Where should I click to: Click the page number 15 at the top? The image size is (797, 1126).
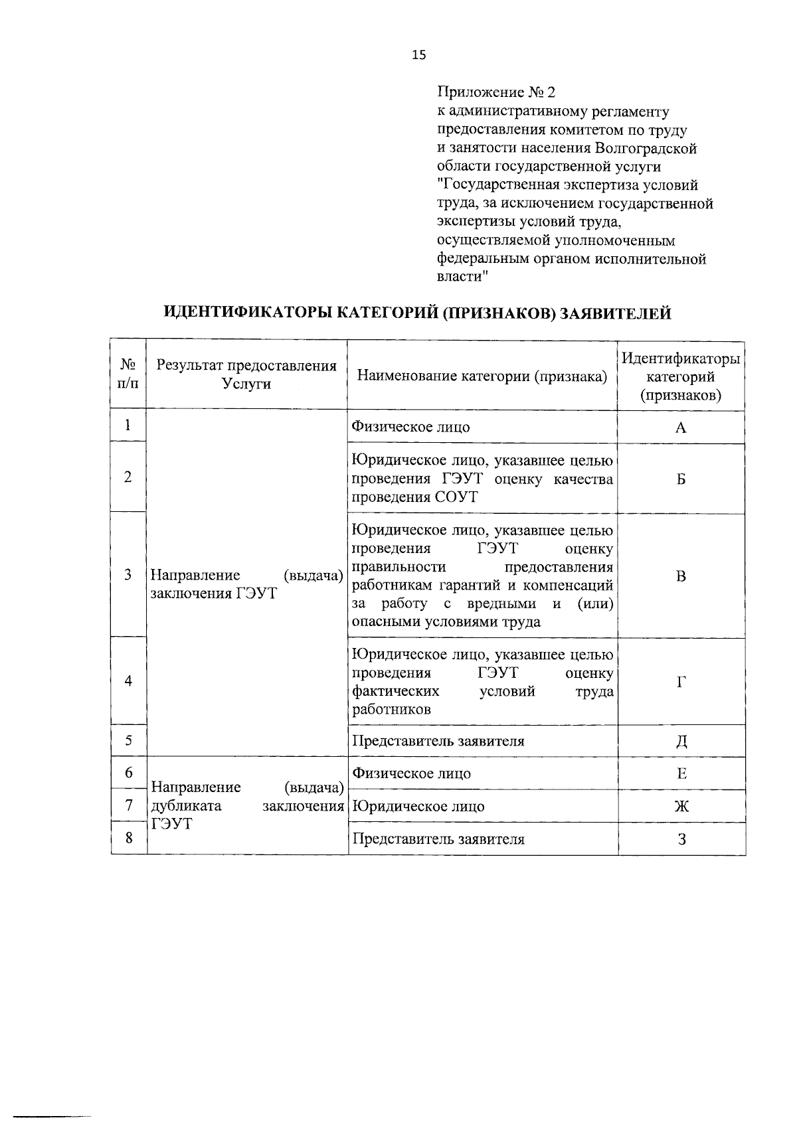click(418, 55)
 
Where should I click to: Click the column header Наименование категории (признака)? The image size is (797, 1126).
click(482, 376)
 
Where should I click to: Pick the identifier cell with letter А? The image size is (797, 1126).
click(680, 428)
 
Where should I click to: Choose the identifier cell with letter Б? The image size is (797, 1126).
click(680, 479)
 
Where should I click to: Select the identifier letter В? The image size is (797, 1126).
click(680, 576)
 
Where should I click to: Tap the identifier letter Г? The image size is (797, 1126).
click(681, 682)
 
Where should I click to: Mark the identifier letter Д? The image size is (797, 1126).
click(681, 742)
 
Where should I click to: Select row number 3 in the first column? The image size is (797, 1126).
click(128, 575)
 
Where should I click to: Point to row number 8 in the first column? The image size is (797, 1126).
click(128, 838)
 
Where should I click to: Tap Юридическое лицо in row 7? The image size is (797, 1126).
click(418, 807)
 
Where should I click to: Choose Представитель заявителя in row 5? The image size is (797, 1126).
click(438, 741)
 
